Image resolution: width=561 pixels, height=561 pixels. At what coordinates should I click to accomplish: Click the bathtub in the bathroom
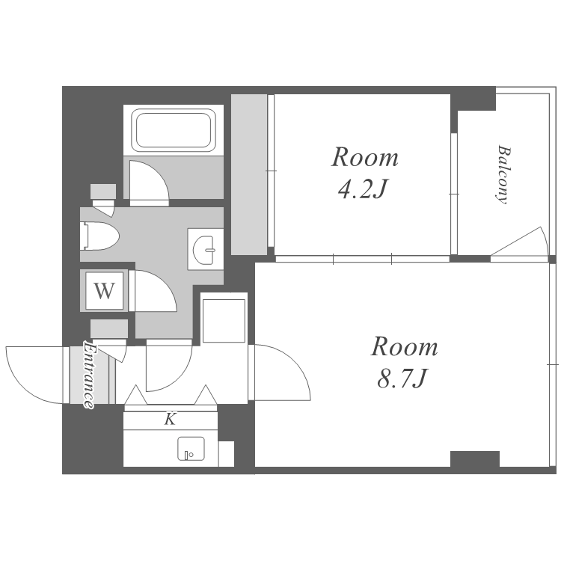point(174,130)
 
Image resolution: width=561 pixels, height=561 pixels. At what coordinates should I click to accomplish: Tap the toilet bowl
point(99,236)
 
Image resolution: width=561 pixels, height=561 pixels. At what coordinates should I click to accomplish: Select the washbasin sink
point(204,249)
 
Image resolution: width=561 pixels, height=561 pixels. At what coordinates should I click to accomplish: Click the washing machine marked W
point(104,290)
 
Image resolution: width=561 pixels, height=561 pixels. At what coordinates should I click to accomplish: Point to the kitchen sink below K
point(191,449)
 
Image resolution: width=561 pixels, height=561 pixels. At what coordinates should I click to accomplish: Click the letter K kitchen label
point(171,419)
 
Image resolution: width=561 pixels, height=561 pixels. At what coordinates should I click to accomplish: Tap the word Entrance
point(90,375)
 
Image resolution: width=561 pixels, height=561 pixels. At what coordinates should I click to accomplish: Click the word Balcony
point(503,174)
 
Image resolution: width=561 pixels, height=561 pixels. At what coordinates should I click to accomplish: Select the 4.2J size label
point(364,188)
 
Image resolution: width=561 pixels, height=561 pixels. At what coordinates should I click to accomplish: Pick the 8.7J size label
point(403,378)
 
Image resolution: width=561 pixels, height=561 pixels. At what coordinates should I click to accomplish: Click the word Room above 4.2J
point(364,157)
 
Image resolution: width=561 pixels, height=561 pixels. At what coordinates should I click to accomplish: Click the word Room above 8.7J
point(404,346)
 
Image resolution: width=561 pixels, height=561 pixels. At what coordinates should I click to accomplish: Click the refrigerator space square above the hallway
point(224,321)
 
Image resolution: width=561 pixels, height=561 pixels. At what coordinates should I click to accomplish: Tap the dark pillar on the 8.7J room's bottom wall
point(474,459)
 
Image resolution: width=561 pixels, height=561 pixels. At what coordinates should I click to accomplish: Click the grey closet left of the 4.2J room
point(249,174)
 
